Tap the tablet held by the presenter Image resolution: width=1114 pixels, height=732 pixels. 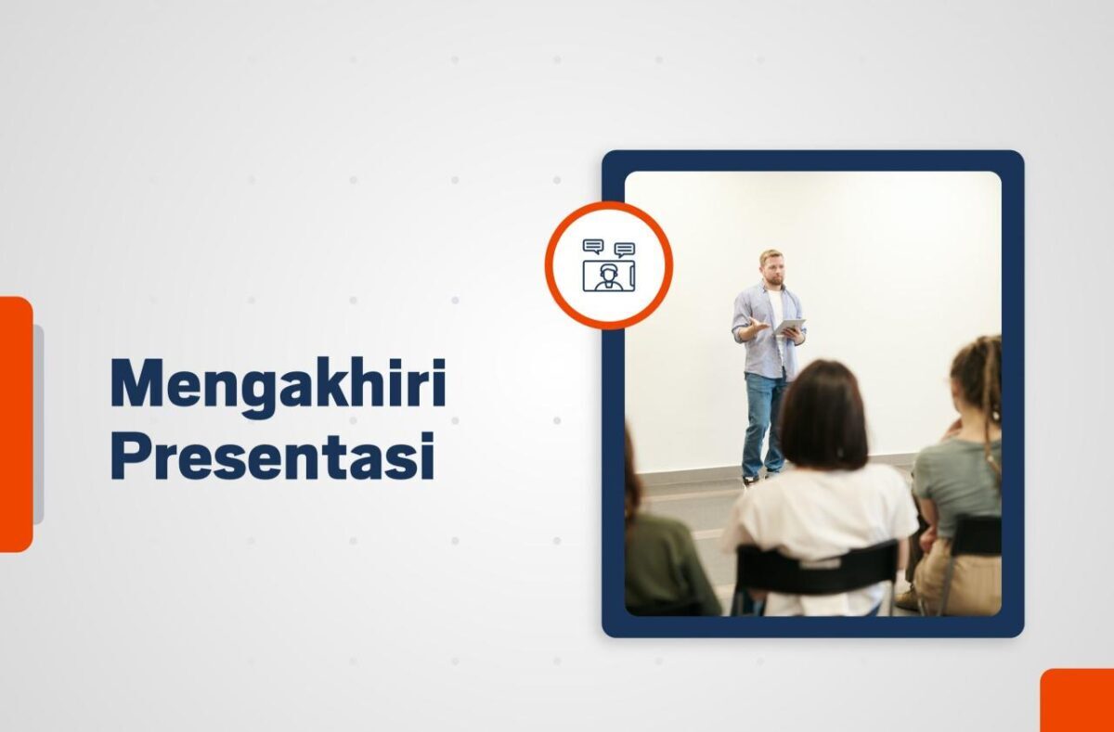click(x=789, y=327)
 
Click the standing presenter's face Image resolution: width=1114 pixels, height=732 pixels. click(x=771, y=269)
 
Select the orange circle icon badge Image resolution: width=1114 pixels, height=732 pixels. click(x=608, y=265)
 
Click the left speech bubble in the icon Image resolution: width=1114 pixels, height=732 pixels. click(x=593, y=247)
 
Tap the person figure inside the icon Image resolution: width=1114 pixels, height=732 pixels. click(x=608, y=276)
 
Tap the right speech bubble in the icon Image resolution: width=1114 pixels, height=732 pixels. click(x=625, y=250)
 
